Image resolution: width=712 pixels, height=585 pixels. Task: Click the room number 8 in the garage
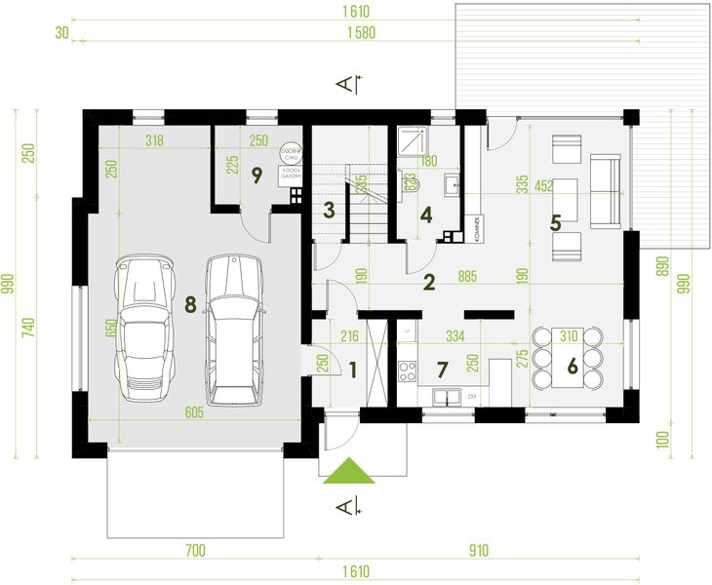(x=190, y=304)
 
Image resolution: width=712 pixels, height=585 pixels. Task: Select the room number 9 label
(x=257, y=175)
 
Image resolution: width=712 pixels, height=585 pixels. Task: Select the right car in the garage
(x=234, y=329)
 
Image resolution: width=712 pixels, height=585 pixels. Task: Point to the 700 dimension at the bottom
(x=194, y=550)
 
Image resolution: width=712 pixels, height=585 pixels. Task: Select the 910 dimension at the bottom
(x=478, y=550)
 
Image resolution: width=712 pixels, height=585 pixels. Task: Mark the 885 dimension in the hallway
(x=468, y=276)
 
